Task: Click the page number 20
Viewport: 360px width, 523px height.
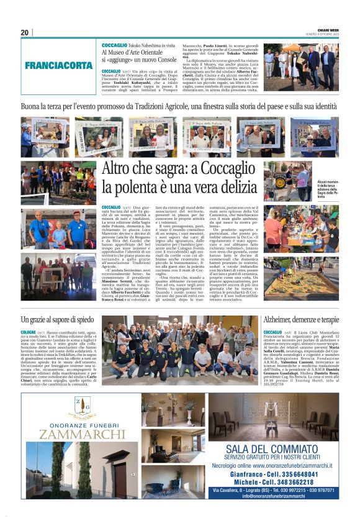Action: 25,32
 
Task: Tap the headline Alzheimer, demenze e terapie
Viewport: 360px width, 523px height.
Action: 301,321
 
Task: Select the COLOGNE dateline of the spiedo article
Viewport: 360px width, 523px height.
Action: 28,332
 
